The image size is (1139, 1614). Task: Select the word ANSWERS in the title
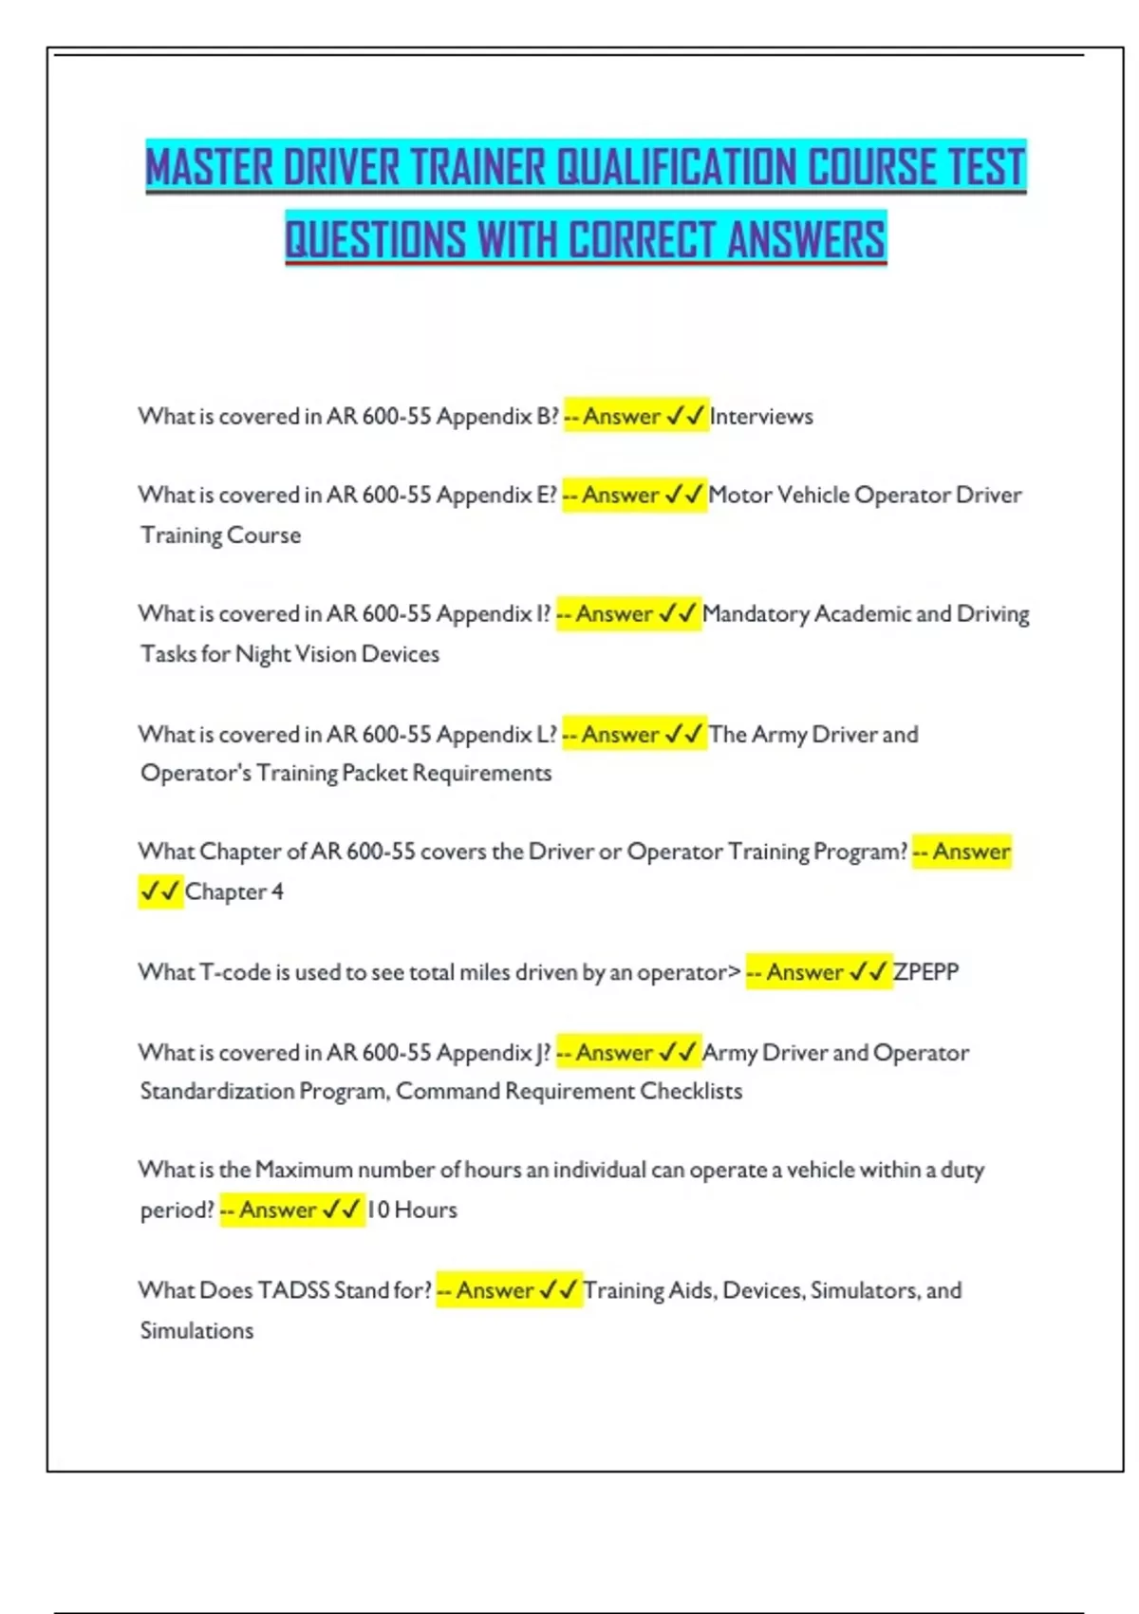tap(806, 238)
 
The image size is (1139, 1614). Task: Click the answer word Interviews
tap(761, 417)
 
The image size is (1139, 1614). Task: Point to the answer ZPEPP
tap(925, 972)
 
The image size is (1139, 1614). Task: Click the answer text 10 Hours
tap(412, 1210)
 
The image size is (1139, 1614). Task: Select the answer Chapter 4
tap(233, 891)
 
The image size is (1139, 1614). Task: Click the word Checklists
tap(691, 1091)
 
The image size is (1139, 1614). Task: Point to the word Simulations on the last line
tap(196, 1331)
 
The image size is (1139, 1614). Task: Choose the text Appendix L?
tap(496, 734)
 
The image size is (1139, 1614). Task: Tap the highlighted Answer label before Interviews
tap(623, 417)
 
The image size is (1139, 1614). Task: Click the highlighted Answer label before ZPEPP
tap(805, 972)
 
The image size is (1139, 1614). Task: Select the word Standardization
tap(217, 1091)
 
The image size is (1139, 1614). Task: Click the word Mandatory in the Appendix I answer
tap(756, 614)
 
